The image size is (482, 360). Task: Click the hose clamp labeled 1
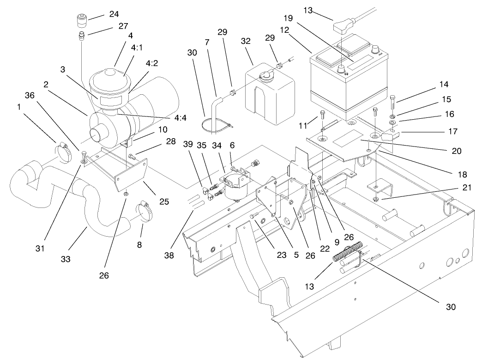(x=65, y=149)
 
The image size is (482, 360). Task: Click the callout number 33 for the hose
(x=65, y=259)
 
